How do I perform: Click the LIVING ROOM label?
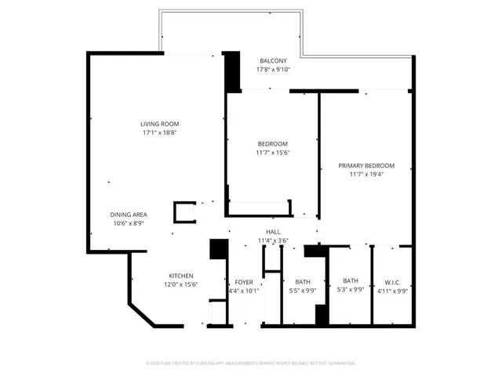tap(160, 124)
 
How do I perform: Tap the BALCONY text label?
tap(273, 61)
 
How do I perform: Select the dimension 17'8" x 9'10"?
tap(273, 70)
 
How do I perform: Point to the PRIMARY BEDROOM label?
tap(366, 165)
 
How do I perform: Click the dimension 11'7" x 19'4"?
tap(366, 175)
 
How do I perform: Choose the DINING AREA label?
tap(129, 215)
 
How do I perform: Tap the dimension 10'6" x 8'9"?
tap(129, 223)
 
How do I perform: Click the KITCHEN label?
tap(181, 275)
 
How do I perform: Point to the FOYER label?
tap(243, 282)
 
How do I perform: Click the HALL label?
tap(273, 232)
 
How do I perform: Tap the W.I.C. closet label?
tap(392, 282)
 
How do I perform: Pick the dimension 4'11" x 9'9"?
tap(392, 291)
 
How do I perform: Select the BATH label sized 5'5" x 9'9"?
tap(303, 282)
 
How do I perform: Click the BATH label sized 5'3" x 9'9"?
tap(351, 280)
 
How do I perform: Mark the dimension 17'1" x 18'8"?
tap(160, 132)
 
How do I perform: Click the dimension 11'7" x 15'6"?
tap(273, 153)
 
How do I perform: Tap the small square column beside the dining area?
tap(185, 211)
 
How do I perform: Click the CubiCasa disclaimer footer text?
tap(251, 363)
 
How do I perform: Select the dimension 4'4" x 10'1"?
tap(243, 291)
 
